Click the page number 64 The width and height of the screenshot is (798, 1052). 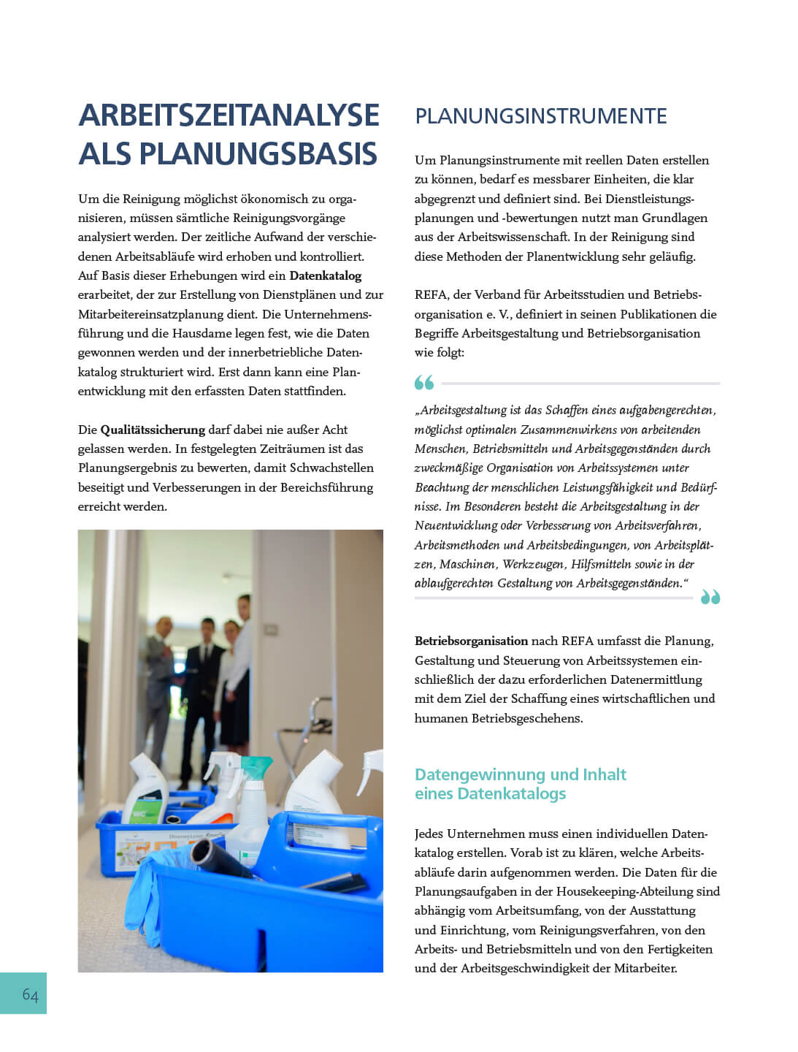pos(30,994)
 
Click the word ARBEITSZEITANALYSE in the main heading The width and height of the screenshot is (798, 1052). pos(229,115)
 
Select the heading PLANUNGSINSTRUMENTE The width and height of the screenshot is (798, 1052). pos(540,116)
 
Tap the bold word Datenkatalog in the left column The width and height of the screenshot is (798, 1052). pos(326,275)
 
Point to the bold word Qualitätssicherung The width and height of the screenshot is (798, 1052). pos(153,430)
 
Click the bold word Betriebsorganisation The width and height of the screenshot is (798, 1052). pos(471,641)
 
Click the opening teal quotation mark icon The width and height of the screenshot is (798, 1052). pos(424,382)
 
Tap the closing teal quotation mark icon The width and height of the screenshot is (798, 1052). pos(710,598)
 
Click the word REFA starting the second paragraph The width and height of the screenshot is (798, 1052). pos(430,294)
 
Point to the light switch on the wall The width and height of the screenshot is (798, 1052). pos(271,628)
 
